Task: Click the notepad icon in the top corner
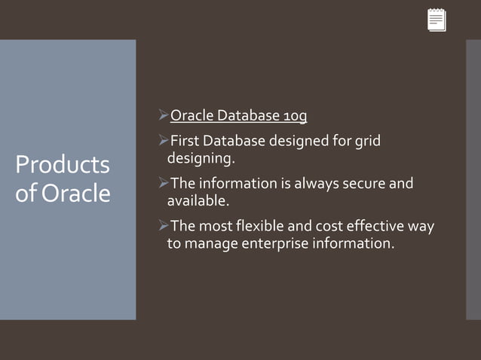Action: (x=437, y=20)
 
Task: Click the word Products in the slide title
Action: (x=63, y=165)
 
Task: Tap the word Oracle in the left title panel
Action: (x=76, y=194)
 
